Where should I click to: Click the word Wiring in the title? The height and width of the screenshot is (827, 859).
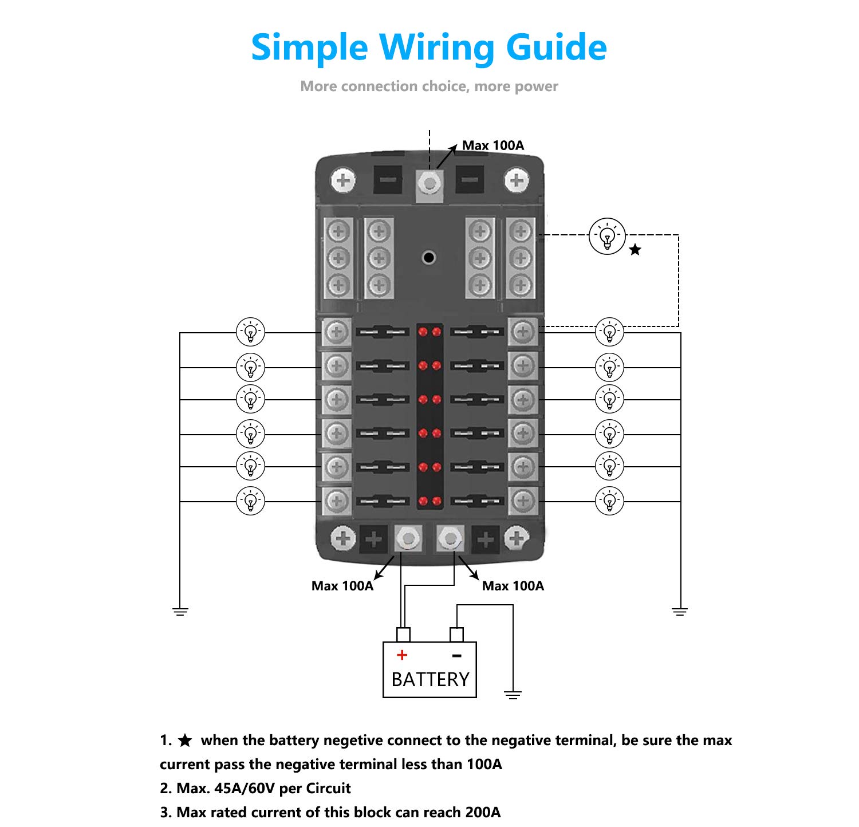coord(435,48)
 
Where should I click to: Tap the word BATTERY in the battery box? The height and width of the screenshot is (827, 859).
coord(430,679)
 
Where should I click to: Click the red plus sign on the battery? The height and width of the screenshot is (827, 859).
coord(402,655)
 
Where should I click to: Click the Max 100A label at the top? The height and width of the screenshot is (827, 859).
coord(492,145)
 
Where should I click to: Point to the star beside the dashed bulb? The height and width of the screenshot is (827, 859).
coord(635,250)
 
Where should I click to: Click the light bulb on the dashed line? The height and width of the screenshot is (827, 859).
coord(607,236)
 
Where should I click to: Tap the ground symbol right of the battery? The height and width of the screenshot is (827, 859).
coord(513,695)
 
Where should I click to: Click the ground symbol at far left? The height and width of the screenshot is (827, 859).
coord(180,612)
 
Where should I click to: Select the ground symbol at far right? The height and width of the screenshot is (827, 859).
coord(680,612)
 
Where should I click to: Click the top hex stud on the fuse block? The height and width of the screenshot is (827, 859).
coord(429,184)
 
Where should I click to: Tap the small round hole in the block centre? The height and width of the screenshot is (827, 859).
coord(428,257)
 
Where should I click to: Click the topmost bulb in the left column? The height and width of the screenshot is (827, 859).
coord(251,332)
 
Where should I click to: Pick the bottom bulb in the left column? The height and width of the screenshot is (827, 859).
coord(251,501)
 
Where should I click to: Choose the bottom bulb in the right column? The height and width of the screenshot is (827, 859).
coord(609,501)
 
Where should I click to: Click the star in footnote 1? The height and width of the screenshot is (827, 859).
coord(185,741)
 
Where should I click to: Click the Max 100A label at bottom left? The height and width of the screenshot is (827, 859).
coord(342,586)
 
